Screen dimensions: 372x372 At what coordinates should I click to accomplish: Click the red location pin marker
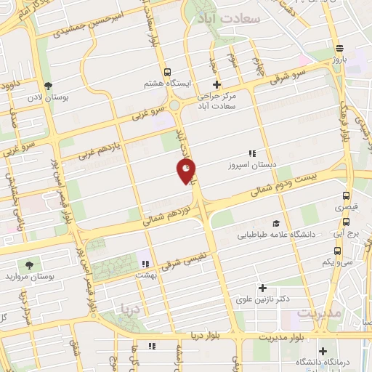pos(186,171)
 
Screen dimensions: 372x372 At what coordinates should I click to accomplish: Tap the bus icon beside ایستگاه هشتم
pos(168,72)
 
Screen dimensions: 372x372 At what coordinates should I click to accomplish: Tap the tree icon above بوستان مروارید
pos(29,265)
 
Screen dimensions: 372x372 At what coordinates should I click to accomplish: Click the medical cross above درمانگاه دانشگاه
pos(322,351)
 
